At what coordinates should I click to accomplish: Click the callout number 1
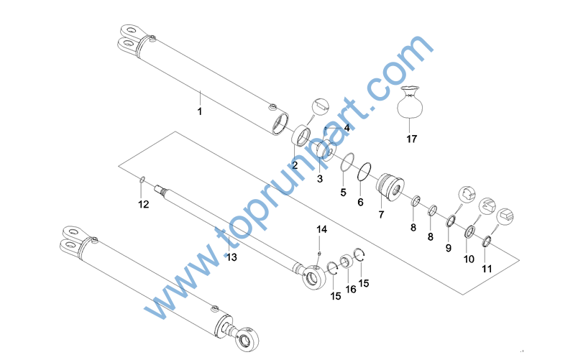[200, 111]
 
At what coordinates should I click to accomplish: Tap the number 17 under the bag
[412, 139]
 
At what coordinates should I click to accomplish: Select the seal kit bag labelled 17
[410, 103]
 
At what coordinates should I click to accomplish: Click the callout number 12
[143, 204]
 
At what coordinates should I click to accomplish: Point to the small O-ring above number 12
[142, 180]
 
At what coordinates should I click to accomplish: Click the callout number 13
[231, 257]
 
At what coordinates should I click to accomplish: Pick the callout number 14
[321, 229]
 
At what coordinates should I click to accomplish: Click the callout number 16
[351, 290]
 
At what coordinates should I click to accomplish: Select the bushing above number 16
[346, 262]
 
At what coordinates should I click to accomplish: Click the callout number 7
[381, 214]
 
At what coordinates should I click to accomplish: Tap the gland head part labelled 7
[390, 187]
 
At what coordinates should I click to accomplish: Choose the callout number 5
[343, 193]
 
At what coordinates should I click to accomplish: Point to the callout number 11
[487, 269]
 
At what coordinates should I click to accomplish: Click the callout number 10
[469, 259]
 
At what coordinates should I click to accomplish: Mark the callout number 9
[449, 248]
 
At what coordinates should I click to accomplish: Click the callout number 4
[347, 128]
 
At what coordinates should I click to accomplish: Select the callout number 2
[295, 165]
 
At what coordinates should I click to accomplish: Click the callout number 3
[320, 179]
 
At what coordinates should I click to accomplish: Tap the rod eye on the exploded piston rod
[313, 277]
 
